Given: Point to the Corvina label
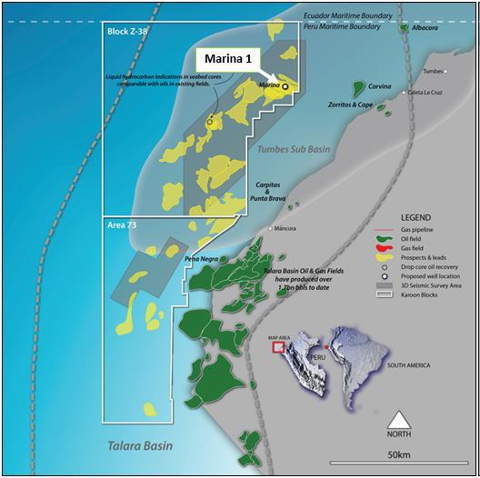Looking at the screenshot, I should pyautogui.click(x=380, y=86).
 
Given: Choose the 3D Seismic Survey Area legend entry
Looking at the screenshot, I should pyautogui.click(x=435, y=285).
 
